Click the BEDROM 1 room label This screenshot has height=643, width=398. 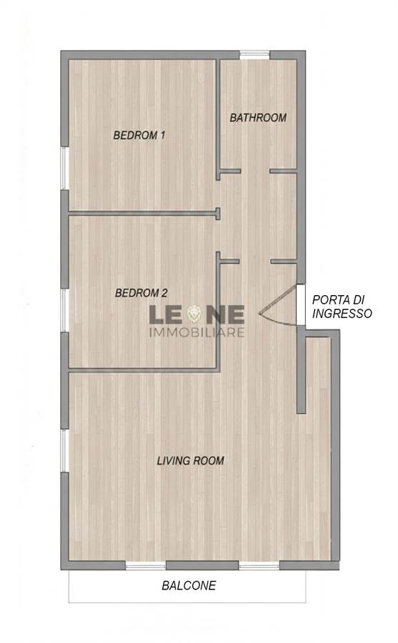coord(139,135)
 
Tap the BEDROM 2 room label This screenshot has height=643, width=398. coord(141,293)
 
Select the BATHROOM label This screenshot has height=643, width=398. coord(258,118)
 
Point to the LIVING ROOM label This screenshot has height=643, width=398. coord(190,461)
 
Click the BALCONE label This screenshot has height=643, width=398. coord(189,586)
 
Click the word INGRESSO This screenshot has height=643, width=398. coord(342,314)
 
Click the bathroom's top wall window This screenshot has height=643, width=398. coord(254,55)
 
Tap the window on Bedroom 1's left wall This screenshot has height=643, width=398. coord(65,168)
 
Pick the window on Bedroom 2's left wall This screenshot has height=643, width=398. coord(65,311)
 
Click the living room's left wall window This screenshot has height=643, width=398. coord(65,451)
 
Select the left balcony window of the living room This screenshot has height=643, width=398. coord(145,566)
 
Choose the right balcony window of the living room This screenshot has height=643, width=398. coord(259,566)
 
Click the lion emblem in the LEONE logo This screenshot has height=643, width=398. coord(195,314)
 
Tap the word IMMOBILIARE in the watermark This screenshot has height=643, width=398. coord(196,332)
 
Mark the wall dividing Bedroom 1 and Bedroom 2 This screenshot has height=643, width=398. coord(144,213)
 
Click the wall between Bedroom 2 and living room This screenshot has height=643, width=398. coord(144,370)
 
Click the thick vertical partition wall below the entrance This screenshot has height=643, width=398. coord(301,370)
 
